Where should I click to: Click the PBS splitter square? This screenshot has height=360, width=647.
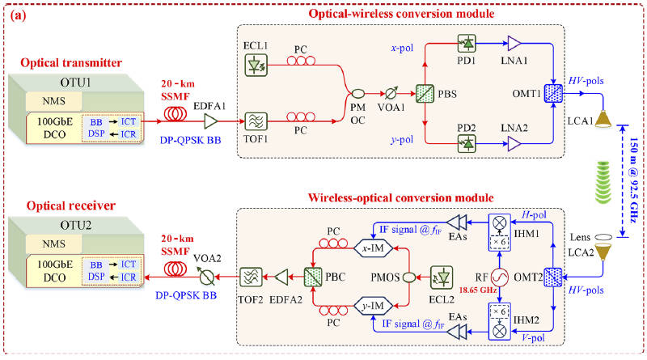[424, 91]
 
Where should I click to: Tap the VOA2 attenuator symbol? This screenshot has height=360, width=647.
[192, 277]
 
